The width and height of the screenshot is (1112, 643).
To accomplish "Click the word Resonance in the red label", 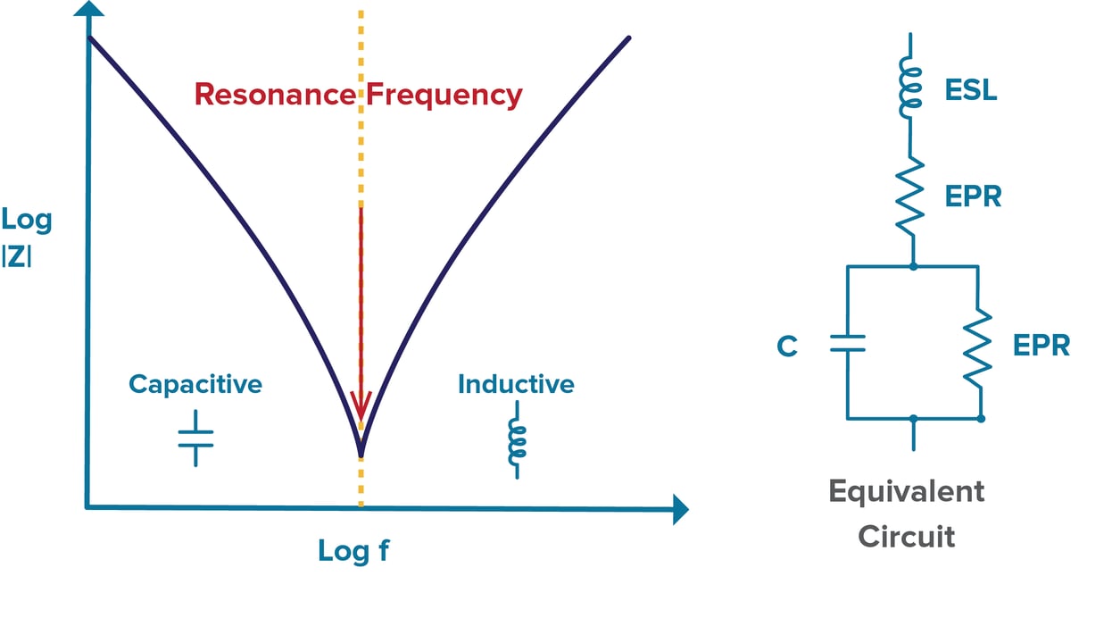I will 275,95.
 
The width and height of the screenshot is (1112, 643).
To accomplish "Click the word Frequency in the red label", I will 444,95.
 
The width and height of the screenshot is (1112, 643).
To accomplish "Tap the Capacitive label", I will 195,384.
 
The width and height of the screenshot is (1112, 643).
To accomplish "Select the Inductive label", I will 516,384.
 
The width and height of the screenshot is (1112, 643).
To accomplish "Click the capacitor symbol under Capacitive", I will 195,438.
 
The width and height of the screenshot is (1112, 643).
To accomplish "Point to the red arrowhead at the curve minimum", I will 361,408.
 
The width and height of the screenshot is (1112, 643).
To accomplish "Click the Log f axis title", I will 353,551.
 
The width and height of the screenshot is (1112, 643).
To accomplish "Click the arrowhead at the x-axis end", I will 680,509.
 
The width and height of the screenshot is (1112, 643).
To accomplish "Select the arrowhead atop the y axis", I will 88,12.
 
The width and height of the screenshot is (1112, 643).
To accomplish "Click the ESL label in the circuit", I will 970,91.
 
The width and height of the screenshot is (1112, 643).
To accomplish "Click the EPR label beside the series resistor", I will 973,196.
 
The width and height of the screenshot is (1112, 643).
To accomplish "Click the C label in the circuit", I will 786,346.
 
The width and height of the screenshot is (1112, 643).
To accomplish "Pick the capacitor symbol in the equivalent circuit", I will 847,343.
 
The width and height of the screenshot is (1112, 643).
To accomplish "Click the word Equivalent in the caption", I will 906,491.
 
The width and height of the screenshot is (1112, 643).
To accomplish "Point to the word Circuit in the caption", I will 906,537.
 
